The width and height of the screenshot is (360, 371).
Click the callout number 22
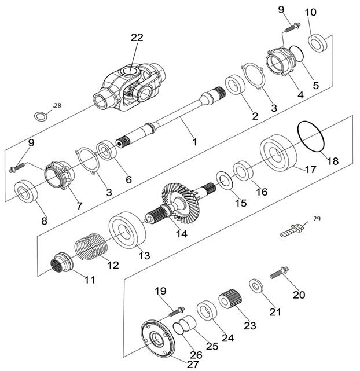(x=137, y=38)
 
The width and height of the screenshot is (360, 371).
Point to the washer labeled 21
(x=255, y=286)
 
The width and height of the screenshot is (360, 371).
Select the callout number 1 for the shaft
(x=194, y=141)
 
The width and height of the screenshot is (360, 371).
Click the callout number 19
(x=161, y=291)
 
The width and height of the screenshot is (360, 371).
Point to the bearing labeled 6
(x=108, y=152)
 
